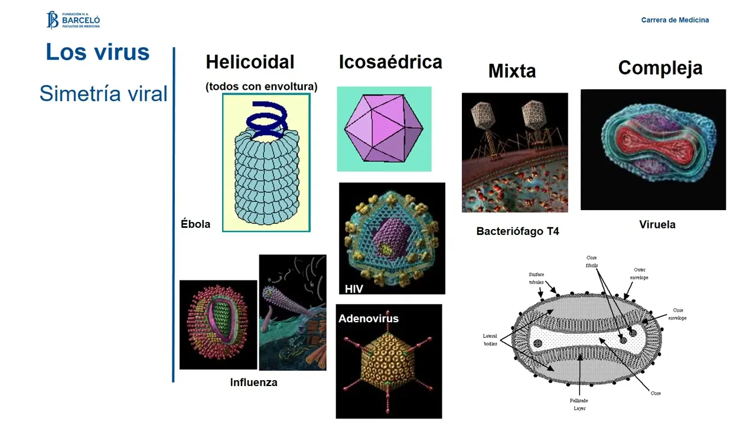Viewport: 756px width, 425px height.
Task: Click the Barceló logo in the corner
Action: pyautogui.click(x=73, y=20)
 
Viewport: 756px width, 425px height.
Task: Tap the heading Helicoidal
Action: pyautogui.click(x=250, y=62)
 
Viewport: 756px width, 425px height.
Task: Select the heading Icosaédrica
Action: pyautogui.click(x=390, y=62)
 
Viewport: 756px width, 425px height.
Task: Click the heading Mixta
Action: pyautogui.click(x=512, y=71)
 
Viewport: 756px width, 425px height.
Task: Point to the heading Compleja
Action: pyautogui.click(x=660, y=68)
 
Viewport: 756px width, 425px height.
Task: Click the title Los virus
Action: pyautogui.click(x=97, y=52)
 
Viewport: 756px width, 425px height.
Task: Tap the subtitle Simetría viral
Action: pyautogui.click(x=103, y=93)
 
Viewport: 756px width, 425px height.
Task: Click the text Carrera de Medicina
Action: pyautogui.click(x=675, y=20)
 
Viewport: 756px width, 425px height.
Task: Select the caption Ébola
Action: pyautogui.click(x=195, y=224)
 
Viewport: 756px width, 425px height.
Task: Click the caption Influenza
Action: pyautogui.click(x=253, y=382)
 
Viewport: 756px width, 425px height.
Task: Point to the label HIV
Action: pyautogui.click(x=354, y=289)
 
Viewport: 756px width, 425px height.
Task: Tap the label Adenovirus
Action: pyautogui.click(x=369, y=319)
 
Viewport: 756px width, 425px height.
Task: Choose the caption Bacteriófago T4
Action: pyautogui.click(x=517, y=231)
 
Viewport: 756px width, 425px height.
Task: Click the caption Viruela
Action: pyautogui.click(x=657, y=225)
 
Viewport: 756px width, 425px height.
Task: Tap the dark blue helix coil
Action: pyautogui.click(x=267, y=117)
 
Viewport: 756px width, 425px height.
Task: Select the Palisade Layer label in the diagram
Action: pyautogui.click(x=579, y=404)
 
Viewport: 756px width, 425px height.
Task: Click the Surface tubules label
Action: pyautogui.click(x=536, y=279)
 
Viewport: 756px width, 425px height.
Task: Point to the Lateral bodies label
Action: pyautogui.click(x=490, y=340)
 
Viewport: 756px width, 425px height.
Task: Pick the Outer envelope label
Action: pyautogui.click(x=640, y=274)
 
